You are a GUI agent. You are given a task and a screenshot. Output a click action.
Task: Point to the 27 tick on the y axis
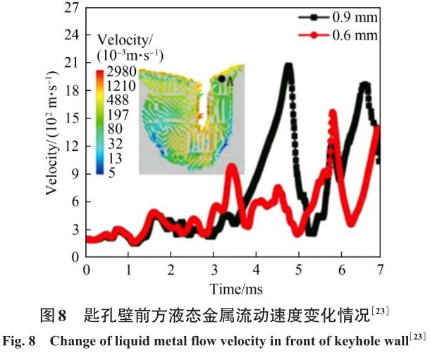point(70,9)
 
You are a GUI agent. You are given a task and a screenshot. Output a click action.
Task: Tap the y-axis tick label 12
point(70,147)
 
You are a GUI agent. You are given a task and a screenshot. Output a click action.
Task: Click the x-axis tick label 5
point(298,271)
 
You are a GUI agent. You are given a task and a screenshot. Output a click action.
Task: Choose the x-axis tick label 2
point(171,271)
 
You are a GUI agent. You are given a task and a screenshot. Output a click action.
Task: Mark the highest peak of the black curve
point(288,66)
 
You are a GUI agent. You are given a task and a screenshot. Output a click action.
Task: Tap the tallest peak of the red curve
point(333,111)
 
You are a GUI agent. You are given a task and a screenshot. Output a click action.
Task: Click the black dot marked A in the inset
point(221,79)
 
